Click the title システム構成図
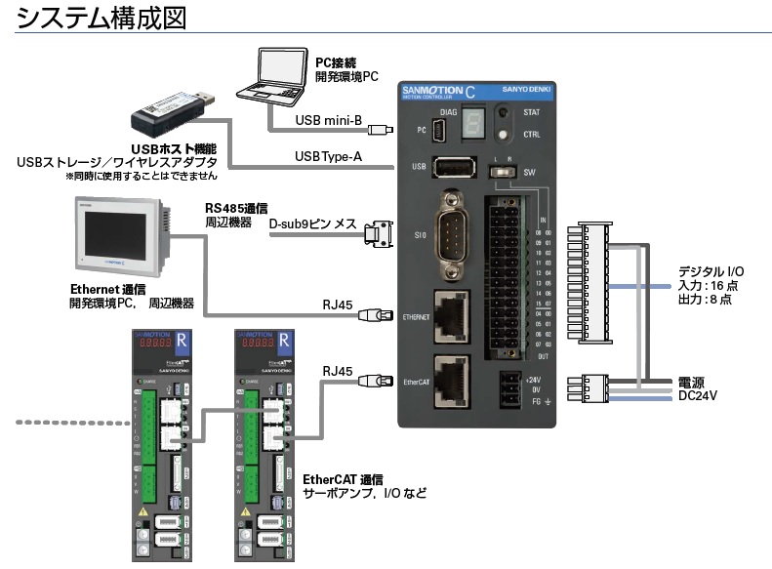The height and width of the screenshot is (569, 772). click(102, 18)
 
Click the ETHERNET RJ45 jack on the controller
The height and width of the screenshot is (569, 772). click(452, 314)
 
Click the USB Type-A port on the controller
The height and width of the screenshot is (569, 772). click(452, 167)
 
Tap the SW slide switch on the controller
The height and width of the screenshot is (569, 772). click(505, 171)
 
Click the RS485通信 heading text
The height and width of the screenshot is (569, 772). click(237, 208)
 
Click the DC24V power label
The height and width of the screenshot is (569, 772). click(699, 395)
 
